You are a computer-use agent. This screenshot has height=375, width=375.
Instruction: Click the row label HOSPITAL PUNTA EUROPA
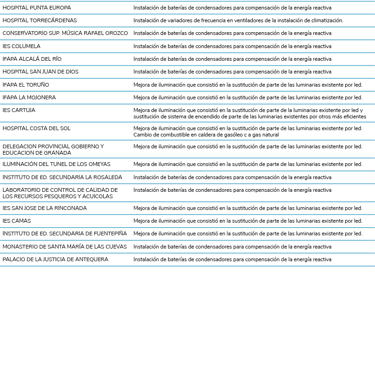tap(37, 8)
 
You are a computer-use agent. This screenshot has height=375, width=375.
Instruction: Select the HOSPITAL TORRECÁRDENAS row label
tap(40, 20)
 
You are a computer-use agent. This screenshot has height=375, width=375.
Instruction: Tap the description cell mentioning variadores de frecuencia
tap(238, 20)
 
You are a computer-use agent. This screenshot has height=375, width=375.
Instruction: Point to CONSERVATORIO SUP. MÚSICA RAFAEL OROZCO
tap(65, 33)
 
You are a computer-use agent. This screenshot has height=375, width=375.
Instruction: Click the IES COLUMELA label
tap(21, 46)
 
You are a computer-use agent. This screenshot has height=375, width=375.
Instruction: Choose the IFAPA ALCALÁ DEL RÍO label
tap(32, 59)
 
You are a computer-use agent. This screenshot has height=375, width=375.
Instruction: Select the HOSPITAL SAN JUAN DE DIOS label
tap(40, 72)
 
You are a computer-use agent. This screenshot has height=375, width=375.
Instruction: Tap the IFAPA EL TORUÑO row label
tap(26, 85)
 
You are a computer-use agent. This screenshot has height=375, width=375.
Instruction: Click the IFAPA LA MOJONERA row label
tap(29, 97)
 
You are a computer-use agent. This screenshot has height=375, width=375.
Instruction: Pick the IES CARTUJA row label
tap(19, 110)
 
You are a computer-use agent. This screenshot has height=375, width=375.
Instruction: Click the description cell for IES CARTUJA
tap(250, 113)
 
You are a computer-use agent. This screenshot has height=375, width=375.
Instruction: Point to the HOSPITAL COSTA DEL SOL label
tap(37, 128)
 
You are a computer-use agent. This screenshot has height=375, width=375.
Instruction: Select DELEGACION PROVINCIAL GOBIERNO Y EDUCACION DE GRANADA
tap(53, 150)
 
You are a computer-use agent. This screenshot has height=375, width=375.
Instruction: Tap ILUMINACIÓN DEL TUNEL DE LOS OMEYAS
tap(57, 164)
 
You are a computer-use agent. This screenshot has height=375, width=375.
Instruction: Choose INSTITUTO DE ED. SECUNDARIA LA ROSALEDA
tap(62, 177)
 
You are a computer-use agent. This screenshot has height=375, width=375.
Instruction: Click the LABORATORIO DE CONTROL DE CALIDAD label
tap(60, 193)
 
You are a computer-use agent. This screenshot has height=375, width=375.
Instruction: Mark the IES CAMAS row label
tap(17, 221)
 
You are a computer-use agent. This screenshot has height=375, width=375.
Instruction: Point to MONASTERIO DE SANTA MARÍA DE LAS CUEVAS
tap(65, 247)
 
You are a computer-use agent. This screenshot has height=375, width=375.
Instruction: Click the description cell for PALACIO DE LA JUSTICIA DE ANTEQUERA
tap(232, 259)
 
